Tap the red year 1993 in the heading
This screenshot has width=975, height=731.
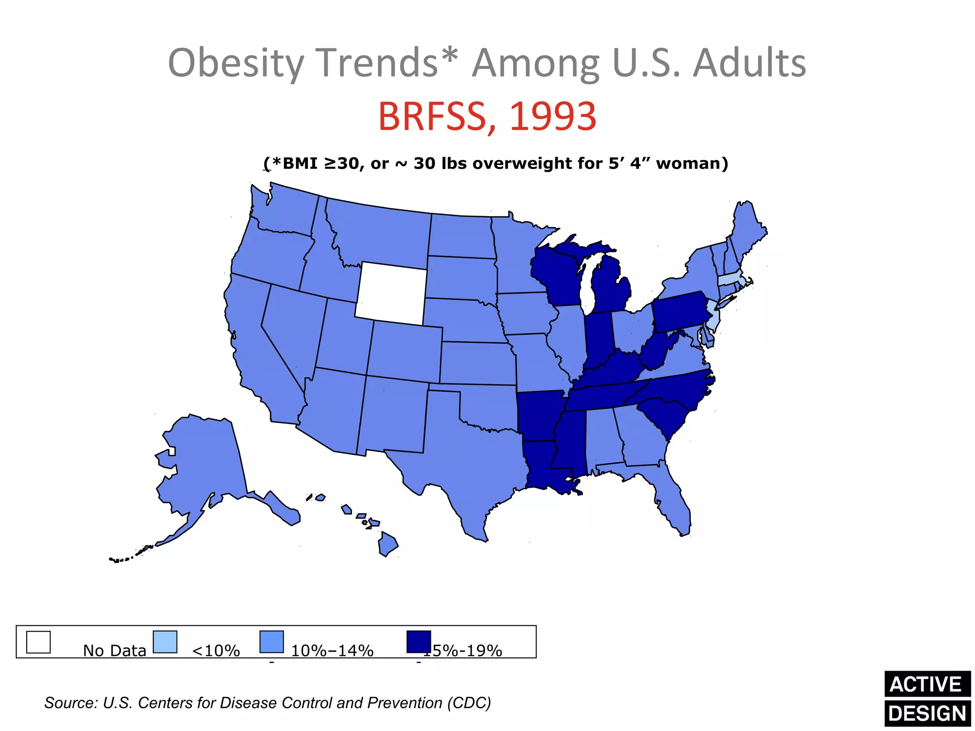[x=552, y=117]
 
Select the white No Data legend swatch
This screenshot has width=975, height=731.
[x=38, y=642]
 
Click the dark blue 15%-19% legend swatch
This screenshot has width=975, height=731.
[x=418, y=642]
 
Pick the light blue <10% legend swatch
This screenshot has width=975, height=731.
[x=165, y=642]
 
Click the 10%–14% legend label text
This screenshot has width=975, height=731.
[x=332, y=651]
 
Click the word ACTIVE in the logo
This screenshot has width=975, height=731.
[x=925, y=684]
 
